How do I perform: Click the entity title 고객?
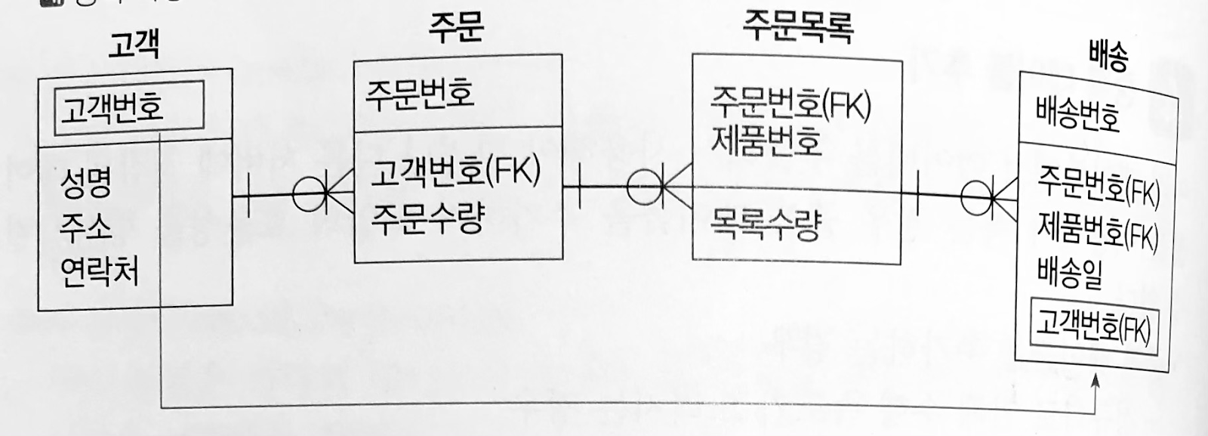tap(134, 47)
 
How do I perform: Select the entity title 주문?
tap(455, 28)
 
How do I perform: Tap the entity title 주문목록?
tap(797, 27)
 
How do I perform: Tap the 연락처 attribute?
tap(99, 270)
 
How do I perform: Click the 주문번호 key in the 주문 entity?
tap(420, 95)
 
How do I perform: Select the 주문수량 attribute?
tap(427, 218)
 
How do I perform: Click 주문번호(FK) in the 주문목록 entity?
tap(790, 104)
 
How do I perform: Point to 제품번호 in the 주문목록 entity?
tap(766, 141)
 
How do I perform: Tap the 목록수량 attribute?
tap(764, 224)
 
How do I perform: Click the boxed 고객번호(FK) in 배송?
tap(1092, 327)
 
